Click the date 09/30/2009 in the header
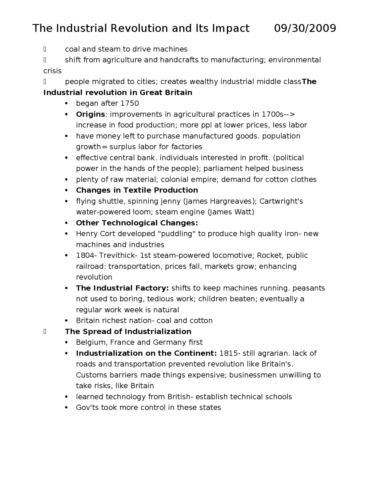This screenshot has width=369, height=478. tap(305, 28)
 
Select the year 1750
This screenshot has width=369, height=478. tap(129, 103)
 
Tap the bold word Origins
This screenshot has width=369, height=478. tap(90, 114)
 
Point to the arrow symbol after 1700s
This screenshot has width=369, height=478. tap(290, 114)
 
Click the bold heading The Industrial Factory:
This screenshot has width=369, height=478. tap(122, 288)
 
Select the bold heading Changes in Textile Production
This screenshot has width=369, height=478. tap(137, 190)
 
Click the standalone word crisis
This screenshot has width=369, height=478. tap(52, 71)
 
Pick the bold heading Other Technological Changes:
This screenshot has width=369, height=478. tap(137, 223)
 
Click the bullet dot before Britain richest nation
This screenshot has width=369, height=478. tap(67, 321)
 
